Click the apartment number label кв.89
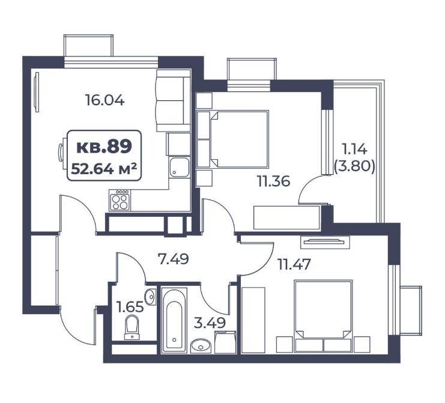point(104,147)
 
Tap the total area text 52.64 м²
point(104,169)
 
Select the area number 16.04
point(104,100)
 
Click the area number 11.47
point(294,264)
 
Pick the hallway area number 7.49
point(173,259)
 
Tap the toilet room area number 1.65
point(130,307)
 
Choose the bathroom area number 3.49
point(210,323)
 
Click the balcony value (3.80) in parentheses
point(354,166)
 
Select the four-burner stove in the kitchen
point(120,200)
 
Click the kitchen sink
point(179,167)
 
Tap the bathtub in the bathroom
point(174,321)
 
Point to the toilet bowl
point(132,327)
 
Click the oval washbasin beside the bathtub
point(201,346)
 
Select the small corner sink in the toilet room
point(150,297)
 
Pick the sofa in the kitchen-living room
point(173,100)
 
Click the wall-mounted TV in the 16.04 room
point(36,92)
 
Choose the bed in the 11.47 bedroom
point(324,316)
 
